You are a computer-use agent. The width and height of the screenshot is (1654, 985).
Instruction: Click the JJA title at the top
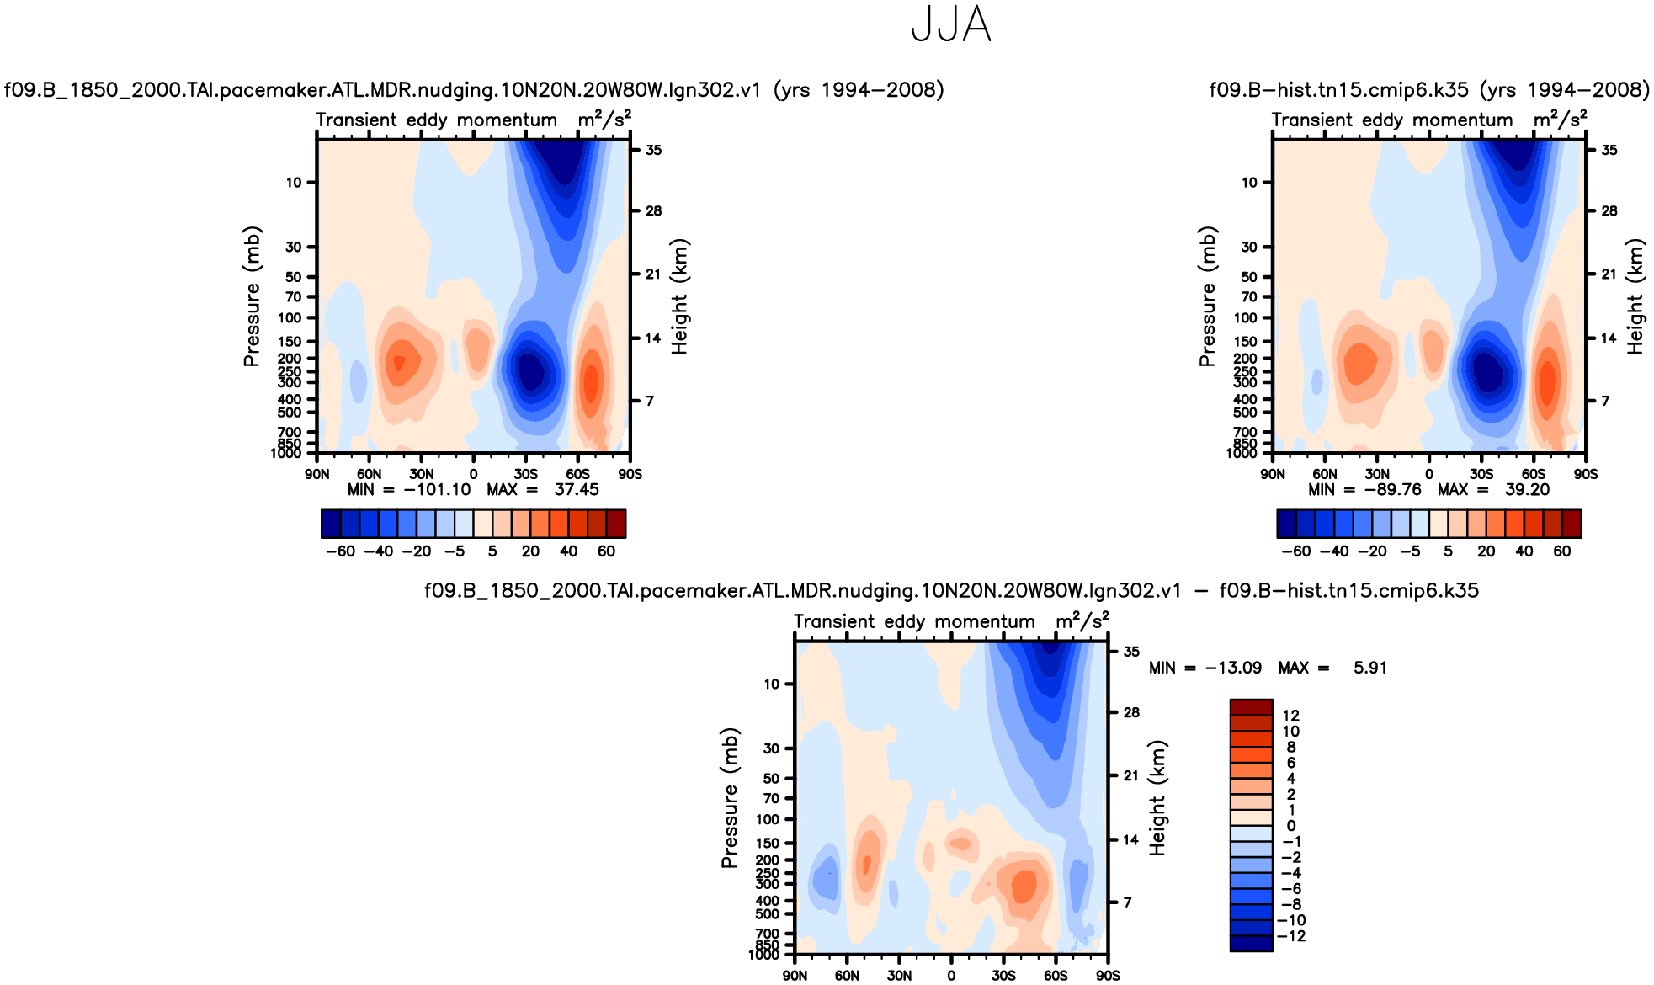point(951,25)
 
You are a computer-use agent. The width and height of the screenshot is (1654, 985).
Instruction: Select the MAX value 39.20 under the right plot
point(1527,490)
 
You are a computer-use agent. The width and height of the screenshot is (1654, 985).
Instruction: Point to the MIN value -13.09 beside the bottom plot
point(1233,668)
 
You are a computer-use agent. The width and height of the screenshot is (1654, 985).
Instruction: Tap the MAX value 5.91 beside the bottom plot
point(1369,668)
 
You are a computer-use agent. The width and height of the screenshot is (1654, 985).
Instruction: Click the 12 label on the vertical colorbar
point(1290,716)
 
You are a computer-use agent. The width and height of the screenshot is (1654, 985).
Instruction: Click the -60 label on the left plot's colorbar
point(340,551)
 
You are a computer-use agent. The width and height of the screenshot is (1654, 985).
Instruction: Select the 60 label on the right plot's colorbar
point(1561,551)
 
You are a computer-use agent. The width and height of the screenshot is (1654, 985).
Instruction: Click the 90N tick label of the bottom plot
point(795,976)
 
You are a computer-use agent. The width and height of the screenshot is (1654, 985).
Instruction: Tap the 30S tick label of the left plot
point(525,474)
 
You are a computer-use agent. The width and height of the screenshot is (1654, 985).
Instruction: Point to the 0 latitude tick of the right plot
point(1429,474)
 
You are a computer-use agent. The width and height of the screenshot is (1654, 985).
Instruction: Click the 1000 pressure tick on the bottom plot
point(764,955)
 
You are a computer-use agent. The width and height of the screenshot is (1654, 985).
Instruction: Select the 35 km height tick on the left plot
point(653,150)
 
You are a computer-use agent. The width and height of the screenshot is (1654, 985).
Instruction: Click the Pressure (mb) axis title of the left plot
point(252,296)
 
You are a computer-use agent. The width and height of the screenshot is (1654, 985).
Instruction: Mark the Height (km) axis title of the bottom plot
point(1157,798)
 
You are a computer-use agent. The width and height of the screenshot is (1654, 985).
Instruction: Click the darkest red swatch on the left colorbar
point(616,524)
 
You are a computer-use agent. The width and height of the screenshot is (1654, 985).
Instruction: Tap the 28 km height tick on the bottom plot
point(1131,712)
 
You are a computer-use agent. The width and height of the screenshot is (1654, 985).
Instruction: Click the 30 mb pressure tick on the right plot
point(1249,247)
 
